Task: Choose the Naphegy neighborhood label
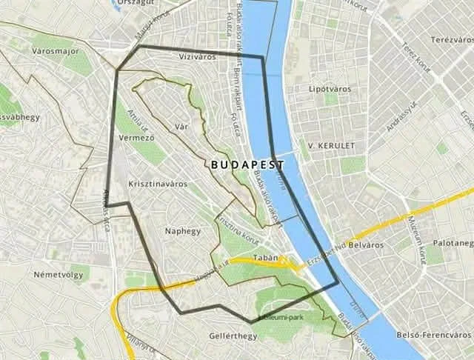(182, 230)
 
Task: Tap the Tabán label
(265, 258)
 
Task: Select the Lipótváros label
(327, 89)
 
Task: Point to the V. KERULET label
(332, 145)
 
